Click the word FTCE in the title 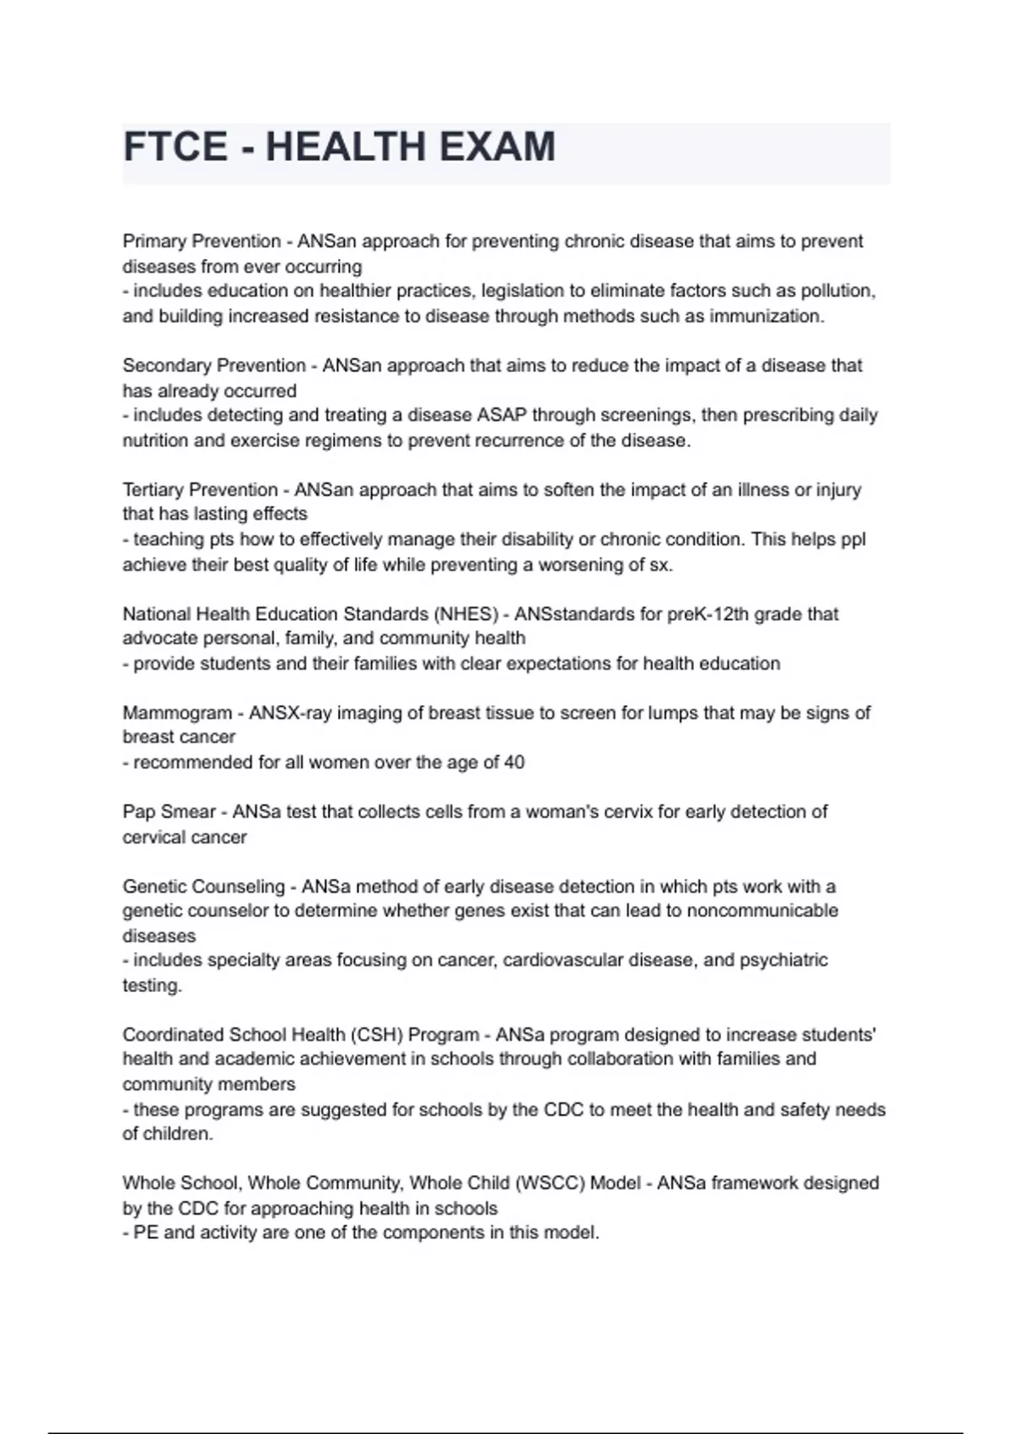tap(175, 148)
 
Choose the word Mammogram tap(177, 713)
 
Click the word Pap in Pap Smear tap(137, 811)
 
